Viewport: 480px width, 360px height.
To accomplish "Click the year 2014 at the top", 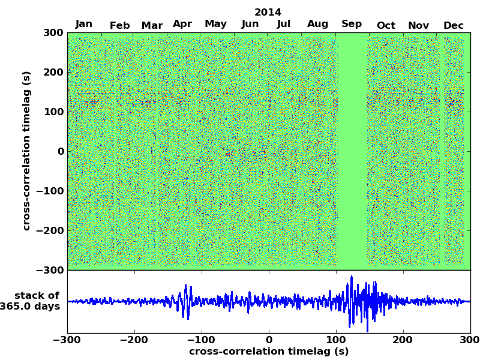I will [268, 12].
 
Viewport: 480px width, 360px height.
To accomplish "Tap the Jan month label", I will [84, 24].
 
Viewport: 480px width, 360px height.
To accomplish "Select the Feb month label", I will [120, 25].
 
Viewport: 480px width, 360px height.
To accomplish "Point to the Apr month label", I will [182, 24].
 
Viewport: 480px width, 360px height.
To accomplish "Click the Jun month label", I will [250, 24].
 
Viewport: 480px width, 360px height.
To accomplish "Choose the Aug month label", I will [318, 24].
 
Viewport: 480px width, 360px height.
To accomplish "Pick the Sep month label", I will [352, 24].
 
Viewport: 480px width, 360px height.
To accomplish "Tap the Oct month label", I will [386, 25].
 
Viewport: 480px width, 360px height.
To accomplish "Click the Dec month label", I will [454, 25].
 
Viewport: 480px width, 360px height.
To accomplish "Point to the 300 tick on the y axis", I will [53, 32].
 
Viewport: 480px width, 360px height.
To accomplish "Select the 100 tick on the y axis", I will [53, 112].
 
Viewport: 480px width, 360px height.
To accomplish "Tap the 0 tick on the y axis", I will [61, 151].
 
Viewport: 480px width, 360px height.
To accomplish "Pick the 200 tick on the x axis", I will [403, 340].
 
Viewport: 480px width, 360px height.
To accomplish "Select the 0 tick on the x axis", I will [269, 340].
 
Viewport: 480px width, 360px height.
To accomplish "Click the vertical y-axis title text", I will [26, 151].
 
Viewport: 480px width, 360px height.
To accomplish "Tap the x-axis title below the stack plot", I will [269, 352].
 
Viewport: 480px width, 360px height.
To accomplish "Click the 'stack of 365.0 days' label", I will [33, 301].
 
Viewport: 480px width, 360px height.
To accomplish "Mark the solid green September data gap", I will [353, 150].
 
